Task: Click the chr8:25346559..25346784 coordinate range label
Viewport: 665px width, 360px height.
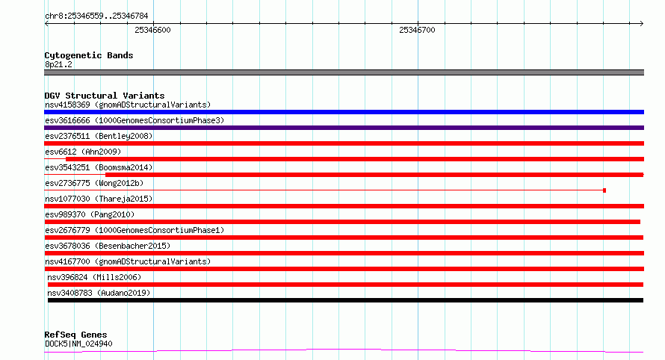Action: coord(96,16)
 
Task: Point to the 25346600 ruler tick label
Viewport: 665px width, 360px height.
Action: coord(152,30)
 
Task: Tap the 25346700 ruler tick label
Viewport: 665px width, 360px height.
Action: coord(417,30)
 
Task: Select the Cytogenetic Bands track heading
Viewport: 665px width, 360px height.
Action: coord(89,55)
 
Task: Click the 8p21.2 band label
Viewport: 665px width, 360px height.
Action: coord(58,64)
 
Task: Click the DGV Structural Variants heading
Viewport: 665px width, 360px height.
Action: coord(105,96)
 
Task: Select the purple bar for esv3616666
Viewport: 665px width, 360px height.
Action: coord(344,128)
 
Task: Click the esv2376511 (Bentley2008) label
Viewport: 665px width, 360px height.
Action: coord(99,136)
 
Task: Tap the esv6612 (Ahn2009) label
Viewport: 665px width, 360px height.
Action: coord(83,152)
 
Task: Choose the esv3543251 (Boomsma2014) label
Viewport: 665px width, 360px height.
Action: coord(99,167)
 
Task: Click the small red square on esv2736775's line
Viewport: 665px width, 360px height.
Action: coord(604,190)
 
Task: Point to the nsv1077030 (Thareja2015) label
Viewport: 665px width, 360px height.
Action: coord(99,199)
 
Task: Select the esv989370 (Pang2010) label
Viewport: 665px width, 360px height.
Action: coord(90,214)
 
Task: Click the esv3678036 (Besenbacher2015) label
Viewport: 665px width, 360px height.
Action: coord(108,246)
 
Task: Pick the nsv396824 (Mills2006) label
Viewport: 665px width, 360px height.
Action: coord(94,277)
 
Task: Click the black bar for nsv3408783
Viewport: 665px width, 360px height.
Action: coord(345,300)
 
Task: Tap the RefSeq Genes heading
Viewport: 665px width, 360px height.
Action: coord(75,335)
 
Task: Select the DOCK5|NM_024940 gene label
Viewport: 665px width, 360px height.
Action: coord(78,344)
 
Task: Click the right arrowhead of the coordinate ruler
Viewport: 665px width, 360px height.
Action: coord(643,24)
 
